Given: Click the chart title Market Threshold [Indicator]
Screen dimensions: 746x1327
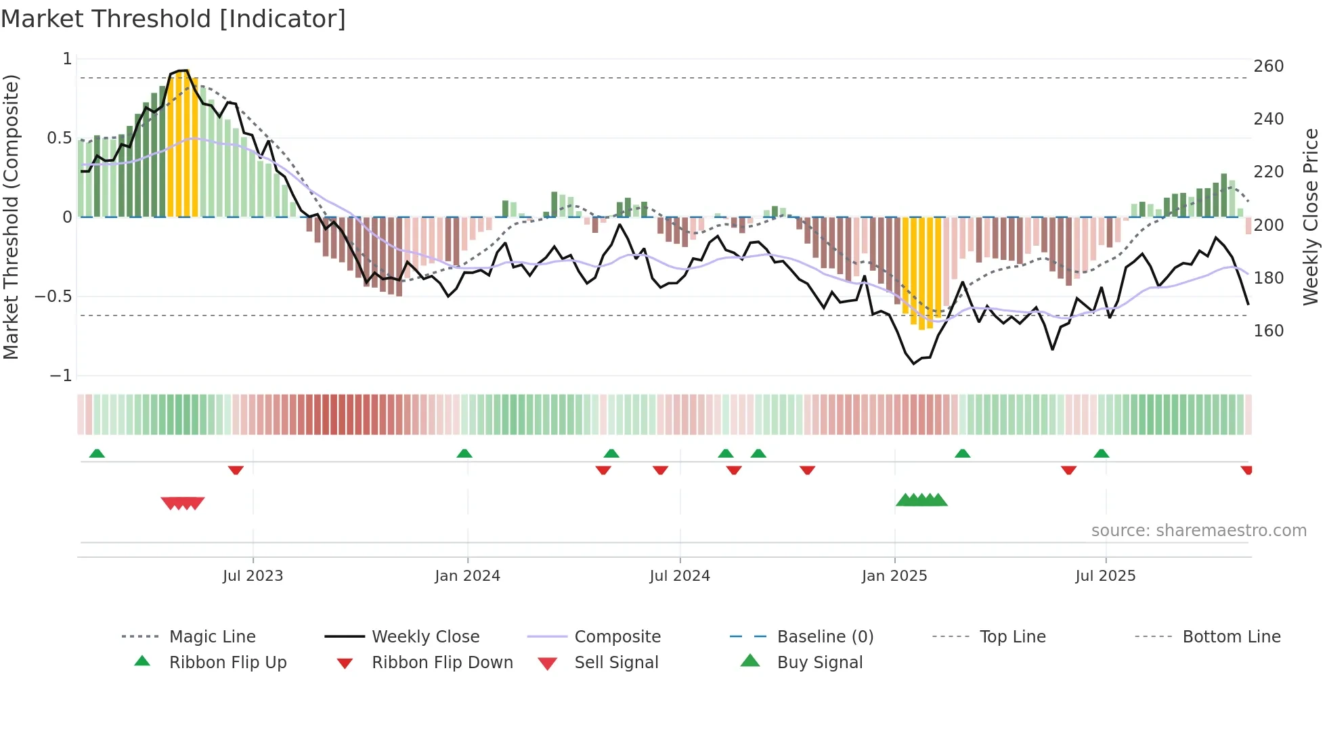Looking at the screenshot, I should pyautogui.click(x=173, y=19).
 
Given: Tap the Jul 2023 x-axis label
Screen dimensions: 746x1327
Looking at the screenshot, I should pyautogui.click(x=253, y=576).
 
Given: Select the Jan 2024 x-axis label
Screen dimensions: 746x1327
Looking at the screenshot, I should pyautogui.click(x=467, y=576).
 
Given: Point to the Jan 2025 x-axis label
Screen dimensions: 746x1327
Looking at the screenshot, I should pyautogui.click(x=894, y=576).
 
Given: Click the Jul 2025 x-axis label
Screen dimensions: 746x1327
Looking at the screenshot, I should pyautogui.click(x=1105, y=576).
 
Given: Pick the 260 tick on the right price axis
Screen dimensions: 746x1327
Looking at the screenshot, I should pyautogui.click(x=1268, y=66).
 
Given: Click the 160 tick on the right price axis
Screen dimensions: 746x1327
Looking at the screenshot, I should pyautogui.click(x=1268, y=331).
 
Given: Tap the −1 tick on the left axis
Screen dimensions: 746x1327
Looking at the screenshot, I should pyautogui.click(x=61, y=376).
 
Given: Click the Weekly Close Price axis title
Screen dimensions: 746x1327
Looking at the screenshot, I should pyautogui.click(x=1311, y=217).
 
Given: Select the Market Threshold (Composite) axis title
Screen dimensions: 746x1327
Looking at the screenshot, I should pyautogui.click(x=11, y=217).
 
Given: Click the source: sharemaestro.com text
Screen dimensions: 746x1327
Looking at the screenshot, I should pyautogui.click(x=1198, y=531).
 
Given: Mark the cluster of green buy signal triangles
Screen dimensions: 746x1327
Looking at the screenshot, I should pyautogui.click(x=921, y=500).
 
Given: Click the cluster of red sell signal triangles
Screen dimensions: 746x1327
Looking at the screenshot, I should pyautogui.click(x=183, y=503).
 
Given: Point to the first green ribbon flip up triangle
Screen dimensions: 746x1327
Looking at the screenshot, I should pyautogui.click(x=97, y=454).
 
